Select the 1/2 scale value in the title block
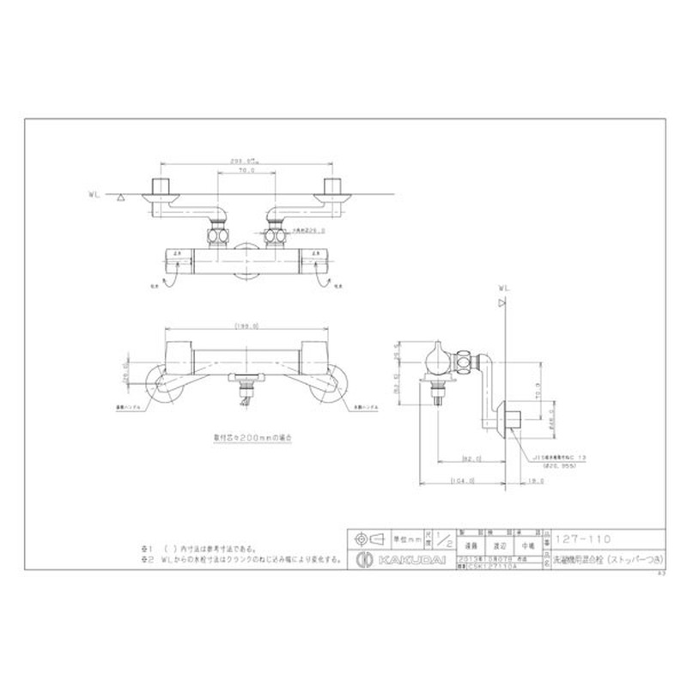pos(444,539)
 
